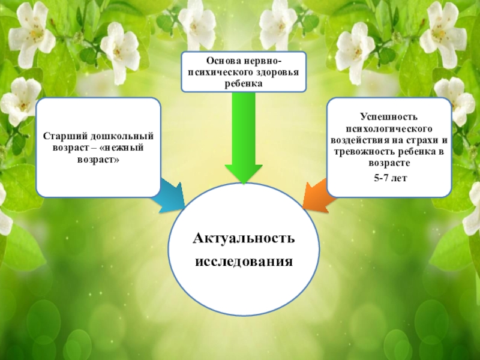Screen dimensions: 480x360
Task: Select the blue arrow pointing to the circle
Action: pos(170,195)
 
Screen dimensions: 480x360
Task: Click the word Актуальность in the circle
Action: pos(244,239)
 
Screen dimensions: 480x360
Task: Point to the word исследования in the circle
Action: pos(244,262)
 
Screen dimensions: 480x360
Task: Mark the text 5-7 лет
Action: pos(389,178)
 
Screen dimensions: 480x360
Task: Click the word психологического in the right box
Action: pos(389,128)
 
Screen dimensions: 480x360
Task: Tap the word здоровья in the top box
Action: pos(273,72)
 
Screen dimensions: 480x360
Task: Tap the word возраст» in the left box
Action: pos(98,160)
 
